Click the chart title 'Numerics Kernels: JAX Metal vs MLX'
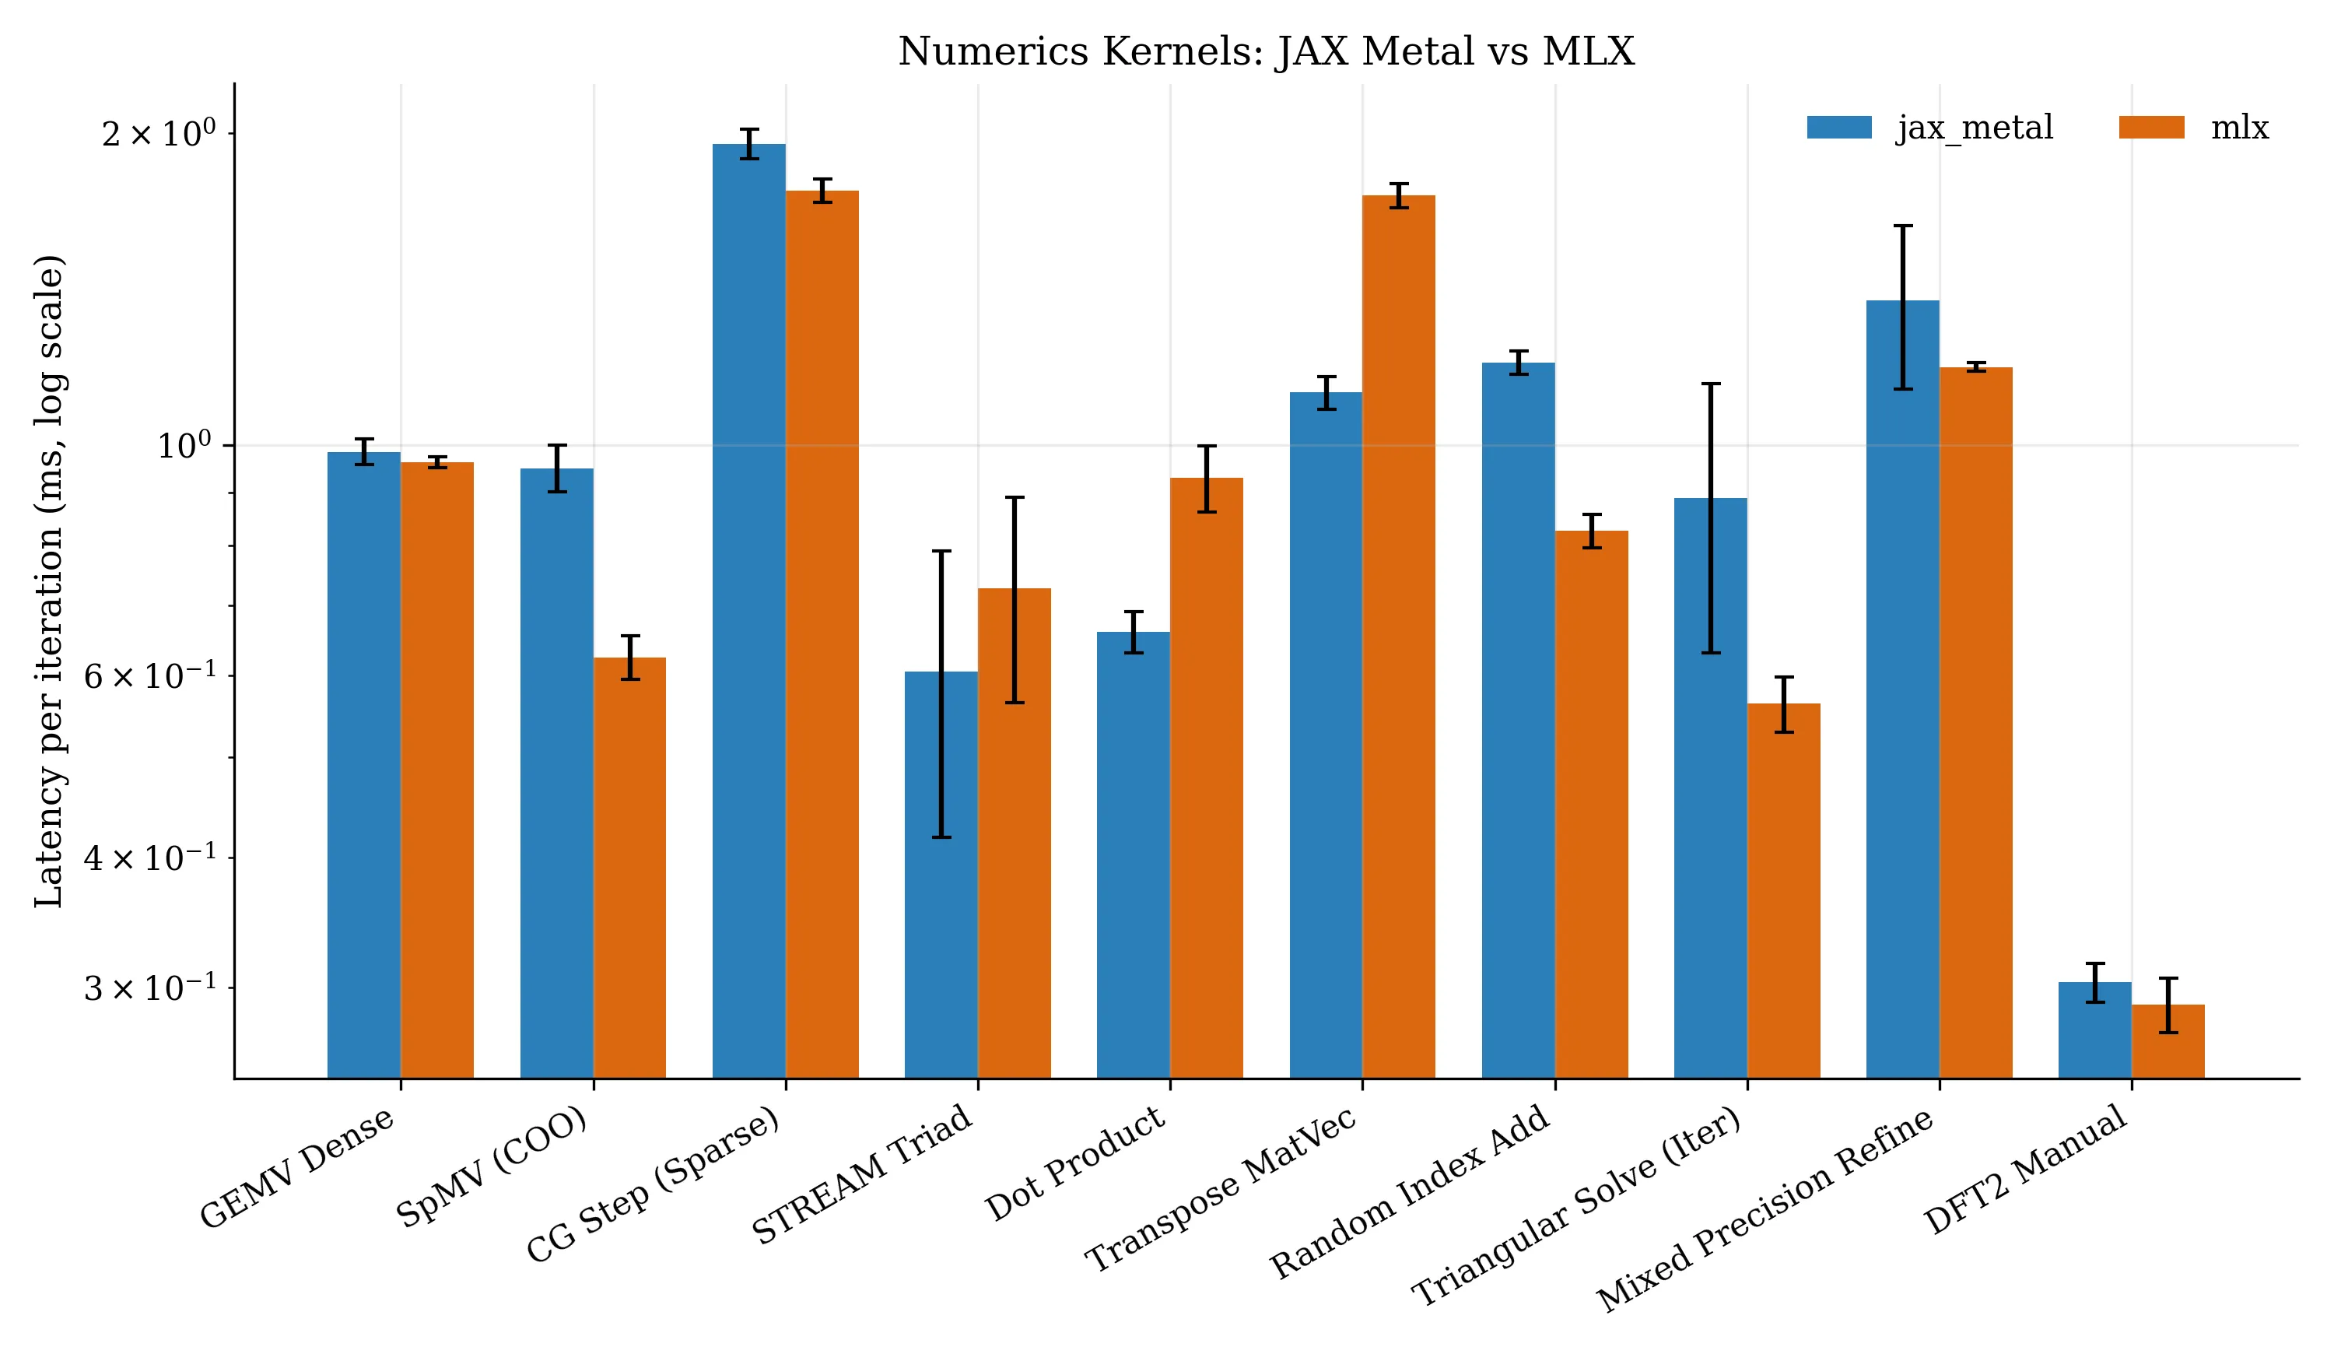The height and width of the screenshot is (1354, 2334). (x=1266, y=52)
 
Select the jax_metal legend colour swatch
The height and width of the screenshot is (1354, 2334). (x=1838, y=128)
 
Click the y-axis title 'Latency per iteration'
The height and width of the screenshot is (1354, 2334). (x=50, y=581)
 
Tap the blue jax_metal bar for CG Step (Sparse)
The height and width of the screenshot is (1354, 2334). (x=748, y=611)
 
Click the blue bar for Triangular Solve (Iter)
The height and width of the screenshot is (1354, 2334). (x=1710, y=788)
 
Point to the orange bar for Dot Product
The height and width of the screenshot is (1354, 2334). (x=1207, y=778)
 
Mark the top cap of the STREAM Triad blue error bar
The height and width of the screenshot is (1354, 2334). (x=941, y=552)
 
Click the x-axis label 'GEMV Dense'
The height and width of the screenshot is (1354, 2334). (x=297, y=1168)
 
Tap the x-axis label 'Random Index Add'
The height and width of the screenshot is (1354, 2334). (x=1409, y=1192)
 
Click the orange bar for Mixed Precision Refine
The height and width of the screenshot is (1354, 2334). (x=1975, y=722)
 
